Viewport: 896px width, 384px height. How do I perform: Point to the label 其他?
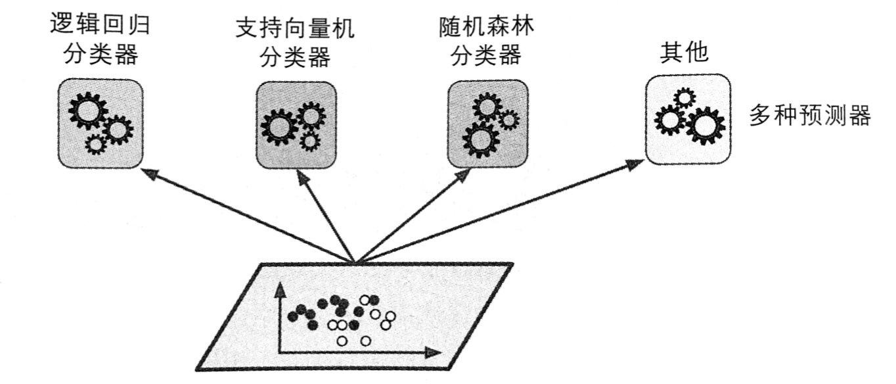point(684,53)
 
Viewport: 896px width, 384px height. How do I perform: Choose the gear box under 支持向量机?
point(295,126)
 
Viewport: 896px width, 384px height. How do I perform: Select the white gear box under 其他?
point(688,118)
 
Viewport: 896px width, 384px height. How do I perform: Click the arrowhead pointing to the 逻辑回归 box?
point(148,173)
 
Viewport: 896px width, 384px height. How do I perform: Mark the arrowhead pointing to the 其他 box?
point(636,164)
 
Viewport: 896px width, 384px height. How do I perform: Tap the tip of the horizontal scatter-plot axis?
point(434,352)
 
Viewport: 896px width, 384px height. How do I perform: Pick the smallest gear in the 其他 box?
point(684,98)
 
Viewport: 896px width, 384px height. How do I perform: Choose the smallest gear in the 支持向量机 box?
point(309,141)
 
